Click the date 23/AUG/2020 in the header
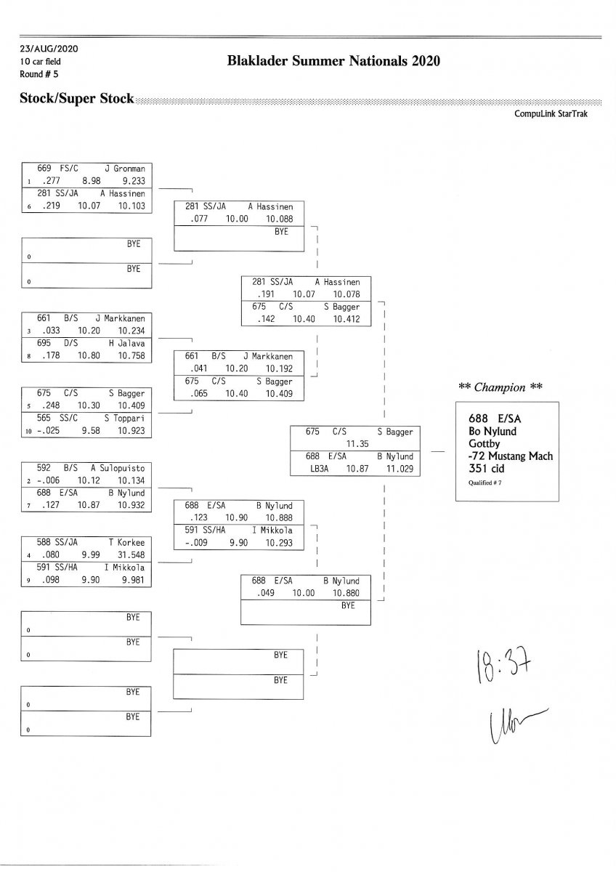tap(49, 49)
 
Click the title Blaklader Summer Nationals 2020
tap(333, 62)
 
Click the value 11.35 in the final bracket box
tap(359, 444)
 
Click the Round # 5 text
tap(38, 73)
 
